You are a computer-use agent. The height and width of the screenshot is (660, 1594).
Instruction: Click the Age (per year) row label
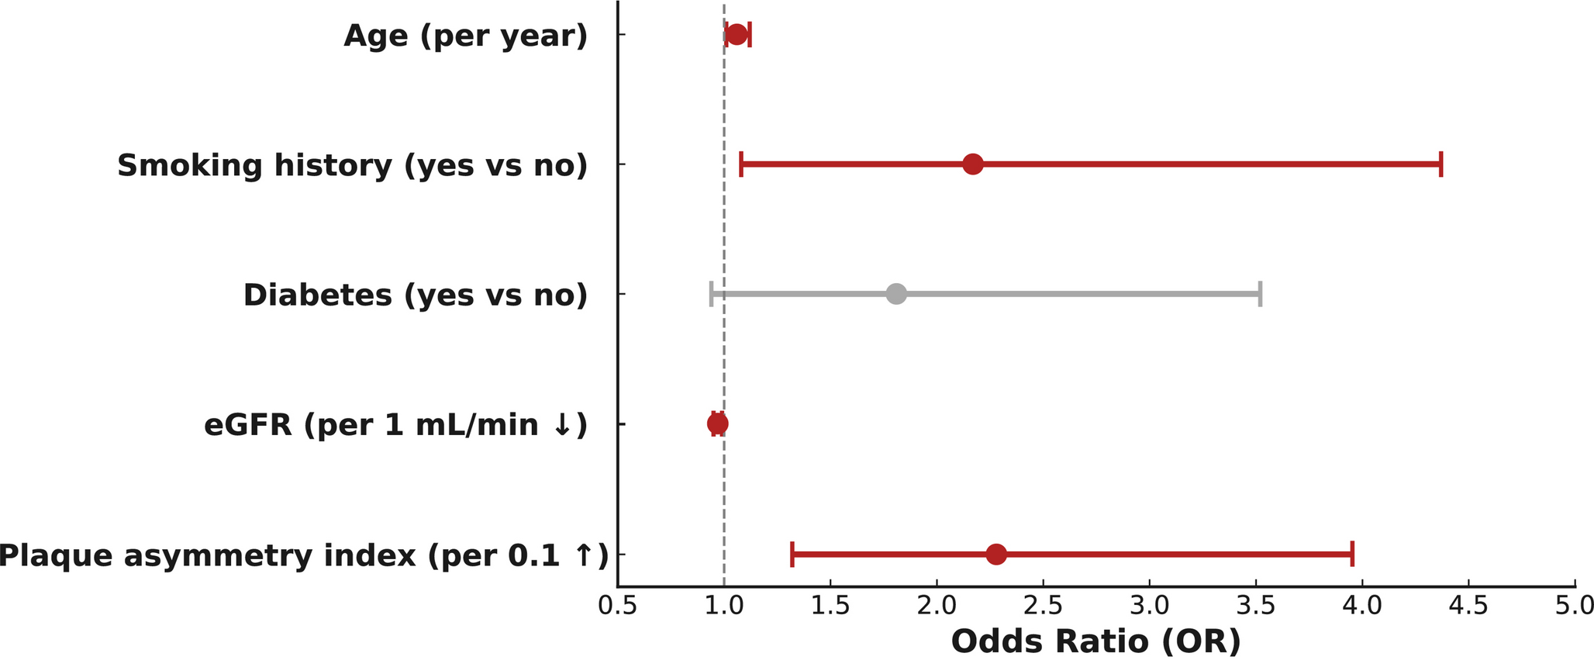point(465,36)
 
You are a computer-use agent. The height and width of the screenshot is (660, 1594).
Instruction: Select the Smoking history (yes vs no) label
point(352,165)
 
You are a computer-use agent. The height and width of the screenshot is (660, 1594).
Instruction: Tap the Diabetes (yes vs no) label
point(415,295)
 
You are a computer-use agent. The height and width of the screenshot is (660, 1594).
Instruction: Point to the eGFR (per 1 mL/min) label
point(395,424)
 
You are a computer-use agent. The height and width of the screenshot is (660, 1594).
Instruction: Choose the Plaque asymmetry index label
point(302,555)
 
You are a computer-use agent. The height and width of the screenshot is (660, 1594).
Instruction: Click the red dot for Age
point(737,35)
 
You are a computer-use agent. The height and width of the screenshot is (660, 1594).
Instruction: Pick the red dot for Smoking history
point(973,164)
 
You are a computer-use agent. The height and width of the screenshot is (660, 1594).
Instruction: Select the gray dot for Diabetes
point(896,294)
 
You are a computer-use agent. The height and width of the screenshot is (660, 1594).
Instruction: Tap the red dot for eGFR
point(718,423)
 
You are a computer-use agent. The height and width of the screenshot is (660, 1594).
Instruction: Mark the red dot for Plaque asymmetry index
point(996,554)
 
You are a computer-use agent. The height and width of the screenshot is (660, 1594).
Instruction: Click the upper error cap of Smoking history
point(1440,164)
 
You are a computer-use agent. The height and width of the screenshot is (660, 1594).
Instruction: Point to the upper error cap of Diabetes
point(1260,294)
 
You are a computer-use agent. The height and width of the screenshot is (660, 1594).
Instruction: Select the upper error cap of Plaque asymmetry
point(1352,554)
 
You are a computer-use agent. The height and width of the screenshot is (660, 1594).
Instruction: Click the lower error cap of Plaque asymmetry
point(792,554)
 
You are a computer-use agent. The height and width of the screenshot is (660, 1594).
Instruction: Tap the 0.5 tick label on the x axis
point(617,606)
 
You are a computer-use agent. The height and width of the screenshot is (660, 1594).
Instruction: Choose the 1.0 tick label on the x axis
point(723,606)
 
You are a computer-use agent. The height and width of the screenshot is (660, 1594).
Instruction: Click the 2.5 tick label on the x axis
point(1043,606)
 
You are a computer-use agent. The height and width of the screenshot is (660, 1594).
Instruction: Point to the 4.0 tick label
point(1362,606)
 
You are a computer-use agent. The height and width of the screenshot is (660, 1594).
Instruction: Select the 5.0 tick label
point(1574,606)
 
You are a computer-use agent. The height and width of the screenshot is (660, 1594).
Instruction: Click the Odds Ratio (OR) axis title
point(1095,641)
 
